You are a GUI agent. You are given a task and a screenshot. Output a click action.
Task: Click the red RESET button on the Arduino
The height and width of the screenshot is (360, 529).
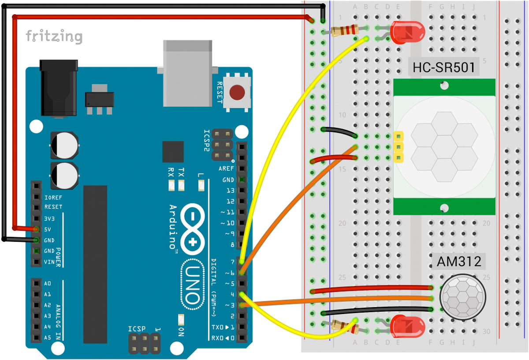coord(237,93)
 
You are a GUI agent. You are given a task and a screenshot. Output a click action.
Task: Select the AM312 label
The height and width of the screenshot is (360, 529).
coord(458,262)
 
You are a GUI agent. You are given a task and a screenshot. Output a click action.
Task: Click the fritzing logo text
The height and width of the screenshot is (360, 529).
coord(54,36)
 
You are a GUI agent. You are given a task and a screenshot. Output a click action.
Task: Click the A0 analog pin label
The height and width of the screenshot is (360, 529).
coord(48,283)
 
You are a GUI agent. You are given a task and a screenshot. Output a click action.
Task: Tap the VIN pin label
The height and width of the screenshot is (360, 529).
coord(49,262)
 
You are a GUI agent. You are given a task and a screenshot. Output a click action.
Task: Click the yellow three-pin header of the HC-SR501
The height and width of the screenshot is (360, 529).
coord(399,146)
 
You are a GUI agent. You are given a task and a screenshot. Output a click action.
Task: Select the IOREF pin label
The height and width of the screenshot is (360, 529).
coord(53,196)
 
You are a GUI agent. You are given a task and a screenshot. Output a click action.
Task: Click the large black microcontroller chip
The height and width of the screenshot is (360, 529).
coord(95,264)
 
